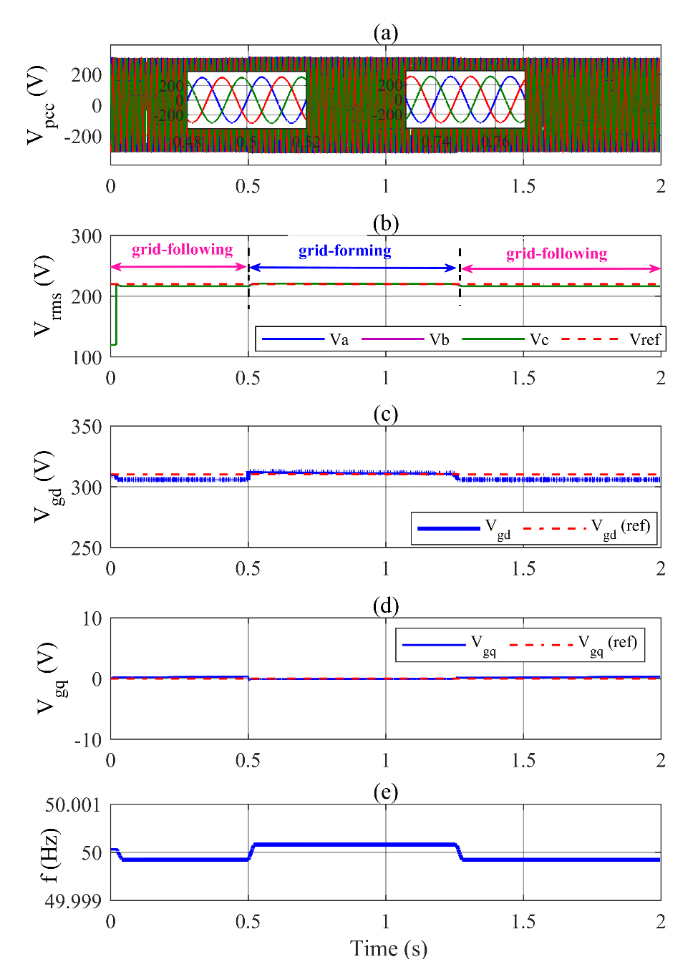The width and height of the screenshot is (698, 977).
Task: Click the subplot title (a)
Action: click(x=385, y=33)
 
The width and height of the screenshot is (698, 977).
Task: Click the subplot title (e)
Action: click(x=385, y=792)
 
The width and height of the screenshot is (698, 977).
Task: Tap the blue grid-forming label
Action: click(x=345, y=251)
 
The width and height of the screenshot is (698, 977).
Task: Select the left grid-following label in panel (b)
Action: click(x=182, y=249)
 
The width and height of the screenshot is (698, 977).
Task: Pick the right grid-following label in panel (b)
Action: click(x=556, y=253)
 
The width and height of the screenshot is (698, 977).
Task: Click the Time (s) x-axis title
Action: click(x=388, y=948)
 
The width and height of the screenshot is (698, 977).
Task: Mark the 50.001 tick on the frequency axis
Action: click(x=73, y=805)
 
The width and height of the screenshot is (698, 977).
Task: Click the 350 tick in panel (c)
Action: click(x=86, y=427)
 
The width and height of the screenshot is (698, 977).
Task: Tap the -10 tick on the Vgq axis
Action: click(x=88, y=740)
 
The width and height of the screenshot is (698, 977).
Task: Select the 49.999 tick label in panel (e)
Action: click(x=73, y=901)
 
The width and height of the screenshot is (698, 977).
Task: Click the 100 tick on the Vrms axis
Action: click(x=86, y=358)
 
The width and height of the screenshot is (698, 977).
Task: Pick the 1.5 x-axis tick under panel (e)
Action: click(x=523, y=921)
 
